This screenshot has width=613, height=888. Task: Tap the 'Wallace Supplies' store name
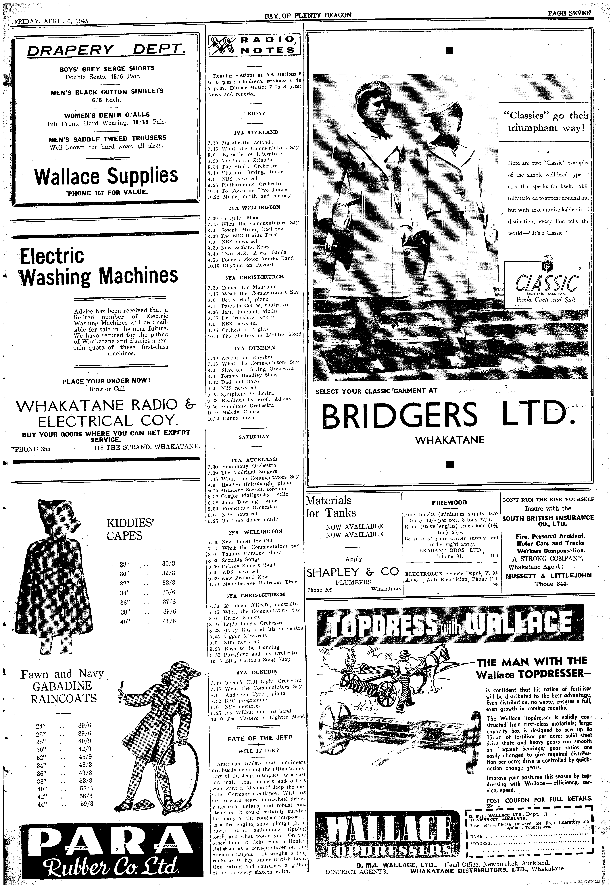(x=106, y=176)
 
